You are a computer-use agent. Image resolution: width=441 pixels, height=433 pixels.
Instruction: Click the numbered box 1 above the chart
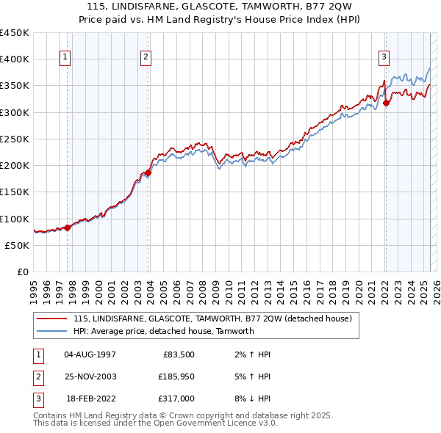[x=65, y=58]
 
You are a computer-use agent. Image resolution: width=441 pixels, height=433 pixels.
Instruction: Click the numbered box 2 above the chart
[x=146, y=58]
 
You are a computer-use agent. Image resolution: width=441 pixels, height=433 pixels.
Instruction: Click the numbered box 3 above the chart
[x=384, y=58]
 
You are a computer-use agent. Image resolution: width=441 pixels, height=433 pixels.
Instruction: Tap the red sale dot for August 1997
[x=67, y=228]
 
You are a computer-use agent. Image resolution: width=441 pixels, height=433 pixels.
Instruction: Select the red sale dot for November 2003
[x=148, y=172]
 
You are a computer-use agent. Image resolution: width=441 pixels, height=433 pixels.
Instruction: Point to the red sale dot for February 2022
[x=386, y=103]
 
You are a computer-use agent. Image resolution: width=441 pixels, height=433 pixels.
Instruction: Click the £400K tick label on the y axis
[x=14, y=59]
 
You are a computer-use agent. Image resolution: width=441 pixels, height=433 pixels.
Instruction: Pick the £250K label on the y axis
[x=14, y=139]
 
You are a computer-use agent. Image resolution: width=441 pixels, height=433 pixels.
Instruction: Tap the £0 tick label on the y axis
[x=22, y=272]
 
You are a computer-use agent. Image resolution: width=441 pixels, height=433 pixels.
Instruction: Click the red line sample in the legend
[x=52, y=319]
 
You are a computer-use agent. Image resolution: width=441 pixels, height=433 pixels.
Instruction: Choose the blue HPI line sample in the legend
[x=52, y=331]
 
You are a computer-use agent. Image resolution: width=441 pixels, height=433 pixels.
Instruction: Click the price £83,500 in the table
[x=176, y=354]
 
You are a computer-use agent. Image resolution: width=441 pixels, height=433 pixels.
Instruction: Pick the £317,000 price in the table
[x=176, y=399]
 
